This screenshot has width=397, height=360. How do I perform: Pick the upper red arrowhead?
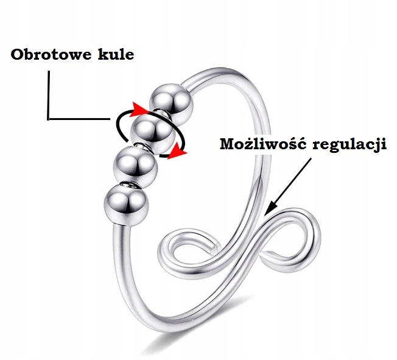coord(141,108)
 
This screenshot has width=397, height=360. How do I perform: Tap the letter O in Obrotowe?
coord(18,55)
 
